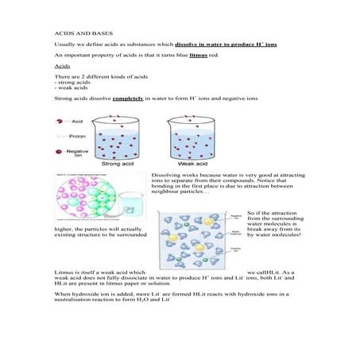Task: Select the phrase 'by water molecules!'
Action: point(275,235)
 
